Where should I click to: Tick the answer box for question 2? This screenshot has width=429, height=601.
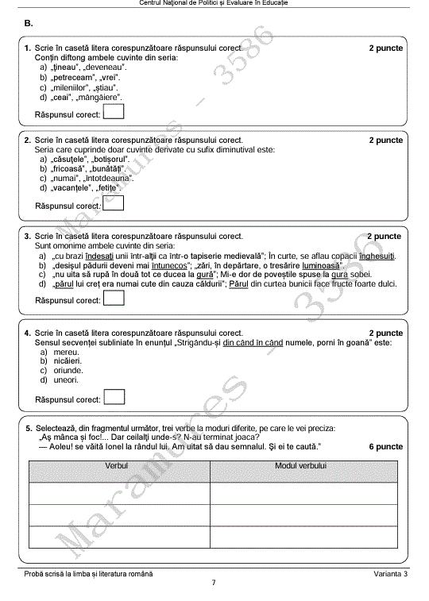point(114,204)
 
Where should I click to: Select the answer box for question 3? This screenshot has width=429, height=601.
point(114,299)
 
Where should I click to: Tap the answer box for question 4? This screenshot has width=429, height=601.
point(114,398)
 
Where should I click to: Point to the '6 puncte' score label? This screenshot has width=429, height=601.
point(386,447)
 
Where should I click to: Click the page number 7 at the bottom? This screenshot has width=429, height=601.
point(213,584)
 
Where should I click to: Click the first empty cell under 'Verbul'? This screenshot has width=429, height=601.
point(119,494)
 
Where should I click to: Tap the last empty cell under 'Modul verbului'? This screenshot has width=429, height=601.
point(303,537)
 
